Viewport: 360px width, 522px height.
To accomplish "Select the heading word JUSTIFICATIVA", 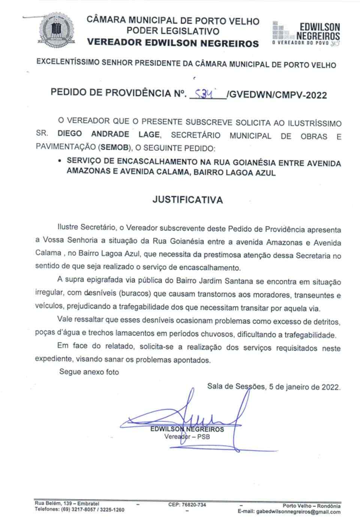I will coord(187,200).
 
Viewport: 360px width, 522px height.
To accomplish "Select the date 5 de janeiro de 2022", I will coord(304,387).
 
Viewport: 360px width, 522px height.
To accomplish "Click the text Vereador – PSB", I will coord(187,437).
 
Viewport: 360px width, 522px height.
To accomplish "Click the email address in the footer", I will coord(289,511).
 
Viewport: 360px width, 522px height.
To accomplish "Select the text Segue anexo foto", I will coord(89,372).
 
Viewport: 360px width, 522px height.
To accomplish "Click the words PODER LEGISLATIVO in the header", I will coord(173,31).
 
